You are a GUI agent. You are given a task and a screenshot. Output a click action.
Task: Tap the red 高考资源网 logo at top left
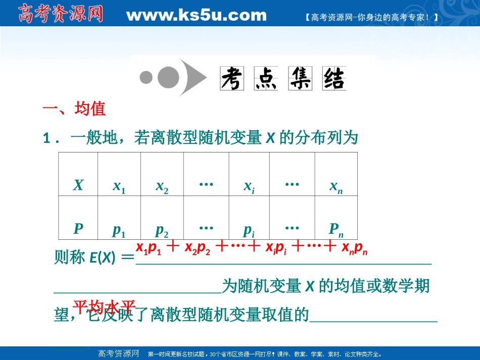pos(61,14)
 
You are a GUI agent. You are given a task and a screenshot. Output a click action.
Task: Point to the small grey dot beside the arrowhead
pos(147,77)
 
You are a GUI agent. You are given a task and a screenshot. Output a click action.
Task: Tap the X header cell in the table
pos(78,185)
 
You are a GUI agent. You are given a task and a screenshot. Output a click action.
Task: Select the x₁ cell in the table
pos(119,186)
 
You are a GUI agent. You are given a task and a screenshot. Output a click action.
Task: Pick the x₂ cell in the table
pos(162,186)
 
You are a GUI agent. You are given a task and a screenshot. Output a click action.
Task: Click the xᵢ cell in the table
pos(249,186)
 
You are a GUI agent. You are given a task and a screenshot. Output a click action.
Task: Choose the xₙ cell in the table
pos(336,187)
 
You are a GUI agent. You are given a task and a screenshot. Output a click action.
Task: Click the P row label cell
pos(78,229)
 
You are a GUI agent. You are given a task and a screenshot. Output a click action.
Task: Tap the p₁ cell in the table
pos(119,230)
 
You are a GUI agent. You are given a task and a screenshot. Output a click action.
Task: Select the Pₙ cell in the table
pos(336,230)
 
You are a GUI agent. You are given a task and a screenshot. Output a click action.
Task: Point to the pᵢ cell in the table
pos(249,230)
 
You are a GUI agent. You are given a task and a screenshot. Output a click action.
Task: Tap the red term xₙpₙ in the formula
pos(354,248)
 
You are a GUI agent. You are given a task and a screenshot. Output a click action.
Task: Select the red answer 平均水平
pos(105,306)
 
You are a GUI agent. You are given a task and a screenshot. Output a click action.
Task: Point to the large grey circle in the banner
pos(168,77)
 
